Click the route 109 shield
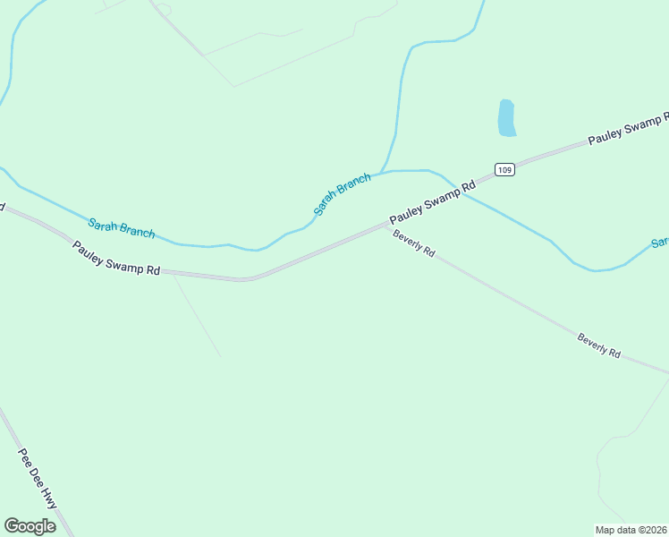pos(505,169)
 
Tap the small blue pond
pos(506,118)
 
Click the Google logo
pos(30,526)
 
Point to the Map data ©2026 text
pos(631,530)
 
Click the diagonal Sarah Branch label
pos(342,194)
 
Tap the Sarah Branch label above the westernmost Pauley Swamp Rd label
pos(121,228)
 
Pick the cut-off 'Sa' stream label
pos(660,243)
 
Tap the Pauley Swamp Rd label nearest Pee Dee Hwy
pos(116,259)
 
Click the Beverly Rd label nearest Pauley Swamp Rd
pos(413,243)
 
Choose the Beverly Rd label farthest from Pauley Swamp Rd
pos(598,345)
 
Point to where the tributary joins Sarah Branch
pos(383,172)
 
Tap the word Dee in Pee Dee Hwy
pos(37,475)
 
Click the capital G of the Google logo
pos(11,526)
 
